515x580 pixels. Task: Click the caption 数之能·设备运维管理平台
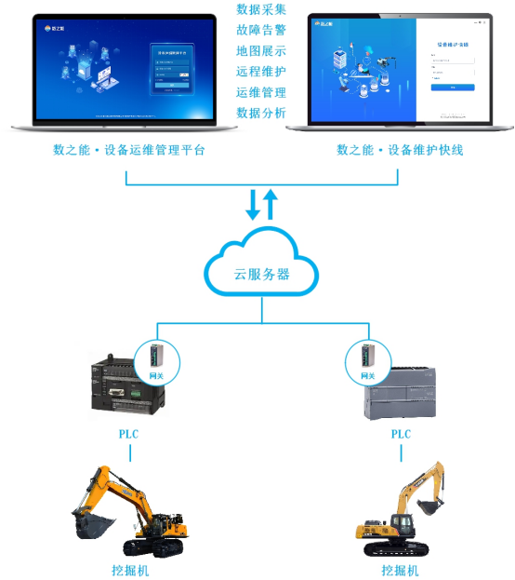129,150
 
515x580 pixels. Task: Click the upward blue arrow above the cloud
271,203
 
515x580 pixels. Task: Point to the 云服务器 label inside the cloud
260,274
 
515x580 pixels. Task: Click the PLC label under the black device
129,435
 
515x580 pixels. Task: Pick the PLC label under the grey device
401,435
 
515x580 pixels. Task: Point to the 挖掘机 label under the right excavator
401,570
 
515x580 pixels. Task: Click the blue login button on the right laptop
453,88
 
